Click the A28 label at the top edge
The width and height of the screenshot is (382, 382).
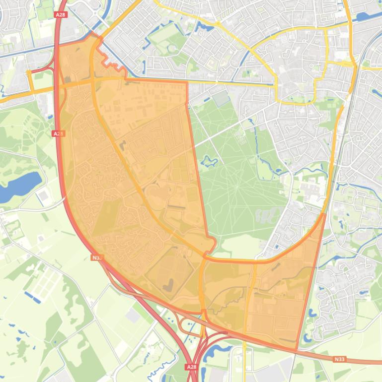(60, 15)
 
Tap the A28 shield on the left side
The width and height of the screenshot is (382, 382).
(58, 133)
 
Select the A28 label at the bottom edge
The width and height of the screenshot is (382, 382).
(192, 367)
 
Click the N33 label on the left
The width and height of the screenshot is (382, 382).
(97, 257)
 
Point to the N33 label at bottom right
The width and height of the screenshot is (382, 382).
(340, 359)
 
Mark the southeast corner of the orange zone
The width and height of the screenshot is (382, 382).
(297, 349)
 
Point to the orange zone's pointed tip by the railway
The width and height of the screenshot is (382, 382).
(325, 214)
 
